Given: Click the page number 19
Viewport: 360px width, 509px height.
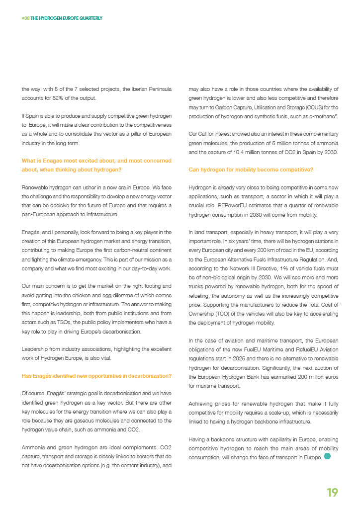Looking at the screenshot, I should [332, 492].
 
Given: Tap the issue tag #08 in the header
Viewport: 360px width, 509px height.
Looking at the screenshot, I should [25, 18].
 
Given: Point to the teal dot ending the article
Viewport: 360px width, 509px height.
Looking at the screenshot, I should [327, 456].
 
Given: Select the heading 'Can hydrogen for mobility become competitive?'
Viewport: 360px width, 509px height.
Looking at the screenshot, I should [251, 170].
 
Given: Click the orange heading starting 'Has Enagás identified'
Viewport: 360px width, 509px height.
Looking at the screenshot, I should [97, 375].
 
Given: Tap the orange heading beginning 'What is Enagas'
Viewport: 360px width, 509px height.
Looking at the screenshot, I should [97, 165].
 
